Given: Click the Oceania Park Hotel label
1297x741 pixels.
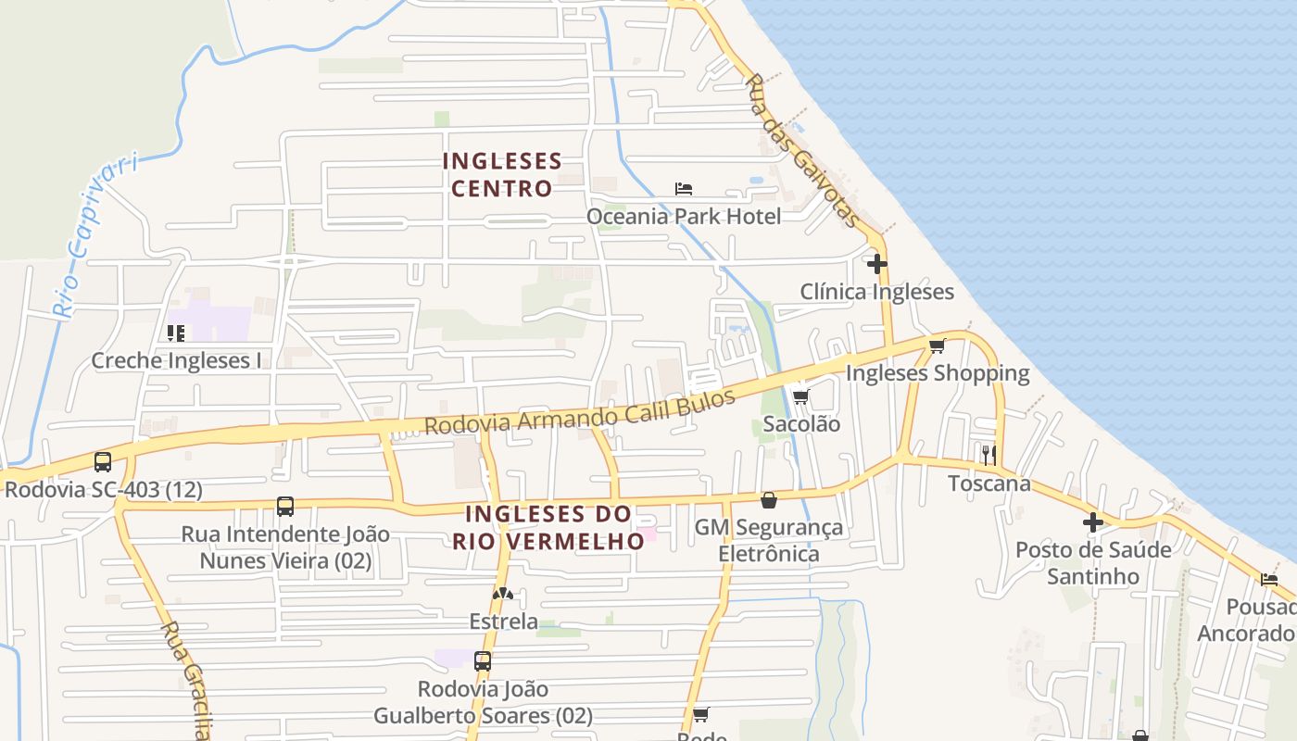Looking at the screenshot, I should tap(684, 217).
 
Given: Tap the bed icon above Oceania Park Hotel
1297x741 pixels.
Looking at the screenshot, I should tap(684, 189).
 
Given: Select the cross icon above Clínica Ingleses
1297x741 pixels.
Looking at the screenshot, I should tap(876, 264).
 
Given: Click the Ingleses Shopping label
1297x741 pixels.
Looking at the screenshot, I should tap(938, 373).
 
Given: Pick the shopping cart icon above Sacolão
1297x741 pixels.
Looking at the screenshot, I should tap(801, 396).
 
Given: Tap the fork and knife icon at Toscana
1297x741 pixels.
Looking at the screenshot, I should tap(989, 455).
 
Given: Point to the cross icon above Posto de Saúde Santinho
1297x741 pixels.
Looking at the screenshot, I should tap(1093, 522).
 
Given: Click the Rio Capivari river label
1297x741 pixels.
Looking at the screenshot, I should tap(94, 236).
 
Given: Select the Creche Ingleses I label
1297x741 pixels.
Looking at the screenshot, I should tap(176, 361).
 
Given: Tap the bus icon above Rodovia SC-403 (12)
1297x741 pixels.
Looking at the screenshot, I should tap(103, 461).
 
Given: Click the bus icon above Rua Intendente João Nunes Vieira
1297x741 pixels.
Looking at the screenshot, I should tap(285, 507).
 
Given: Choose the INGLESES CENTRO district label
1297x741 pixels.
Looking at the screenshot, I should tap(502, 175).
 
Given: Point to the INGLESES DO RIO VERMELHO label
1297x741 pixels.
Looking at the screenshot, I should tap(548, 527).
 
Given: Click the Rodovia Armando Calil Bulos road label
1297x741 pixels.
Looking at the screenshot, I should tap(580, 411).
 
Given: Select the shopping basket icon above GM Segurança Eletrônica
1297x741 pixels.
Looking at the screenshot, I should tap(769, 500).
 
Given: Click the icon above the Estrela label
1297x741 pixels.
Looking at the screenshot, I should tap(502, 594).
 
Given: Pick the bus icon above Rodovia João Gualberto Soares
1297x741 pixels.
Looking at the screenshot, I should tap(483, 661).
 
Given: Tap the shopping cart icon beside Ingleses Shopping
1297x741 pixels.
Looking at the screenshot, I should tap(937, 346).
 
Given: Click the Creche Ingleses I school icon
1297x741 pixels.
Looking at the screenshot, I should tap(176, 333).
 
